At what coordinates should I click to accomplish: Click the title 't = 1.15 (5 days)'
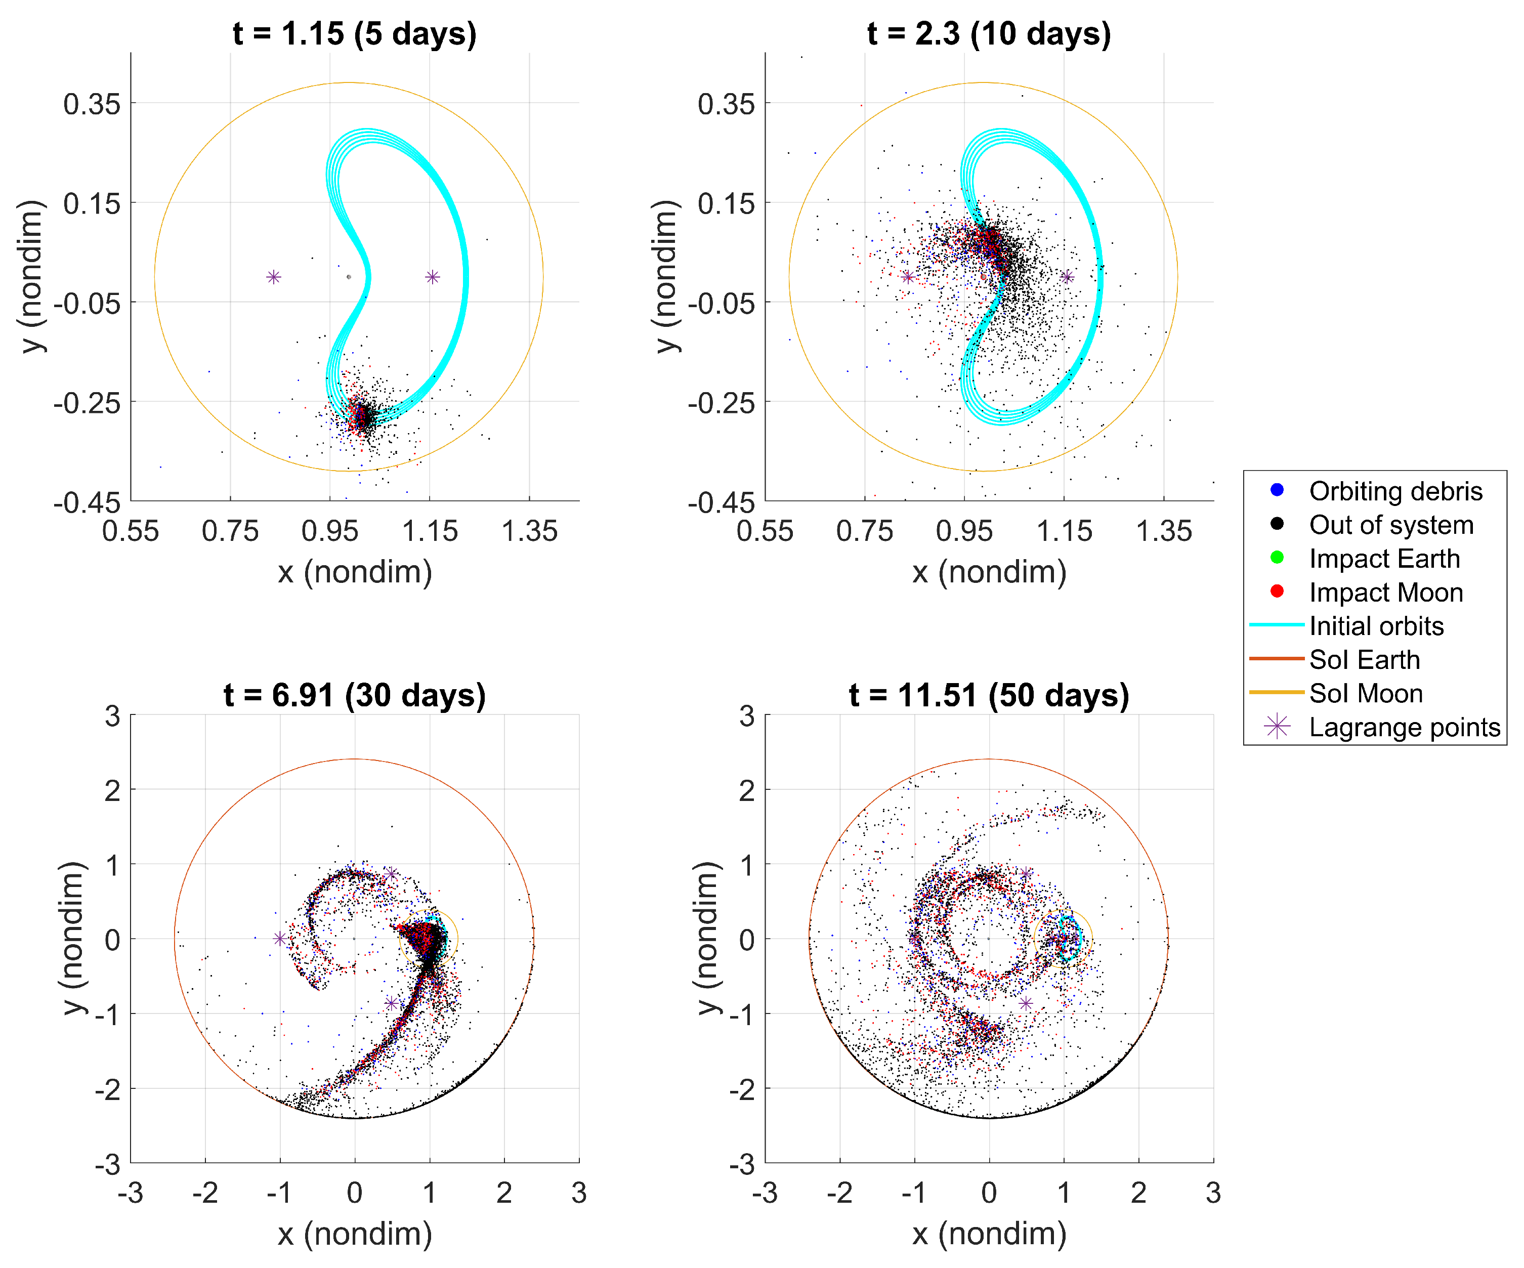point(354,33)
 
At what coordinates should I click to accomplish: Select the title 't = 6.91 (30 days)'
point(354,695)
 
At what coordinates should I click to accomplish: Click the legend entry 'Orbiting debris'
point(1395,491)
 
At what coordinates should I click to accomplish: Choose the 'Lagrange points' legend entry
point(1404,727)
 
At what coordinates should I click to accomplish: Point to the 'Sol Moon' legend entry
point(1365,693)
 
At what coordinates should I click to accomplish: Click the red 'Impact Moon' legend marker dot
point(1277,591)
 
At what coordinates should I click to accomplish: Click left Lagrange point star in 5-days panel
point(274,277)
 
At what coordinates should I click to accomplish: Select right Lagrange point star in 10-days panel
point(1067,277)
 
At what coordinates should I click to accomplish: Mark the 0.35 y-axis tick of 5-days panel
point(92,104)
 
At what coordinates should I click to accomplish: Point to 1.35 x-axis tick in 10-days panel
point(1163,531)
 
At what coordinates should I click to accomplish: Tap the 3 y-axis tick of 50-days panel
point(747,716)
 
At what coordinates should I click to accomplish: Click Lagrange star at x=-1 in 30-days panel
point(280,939)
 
